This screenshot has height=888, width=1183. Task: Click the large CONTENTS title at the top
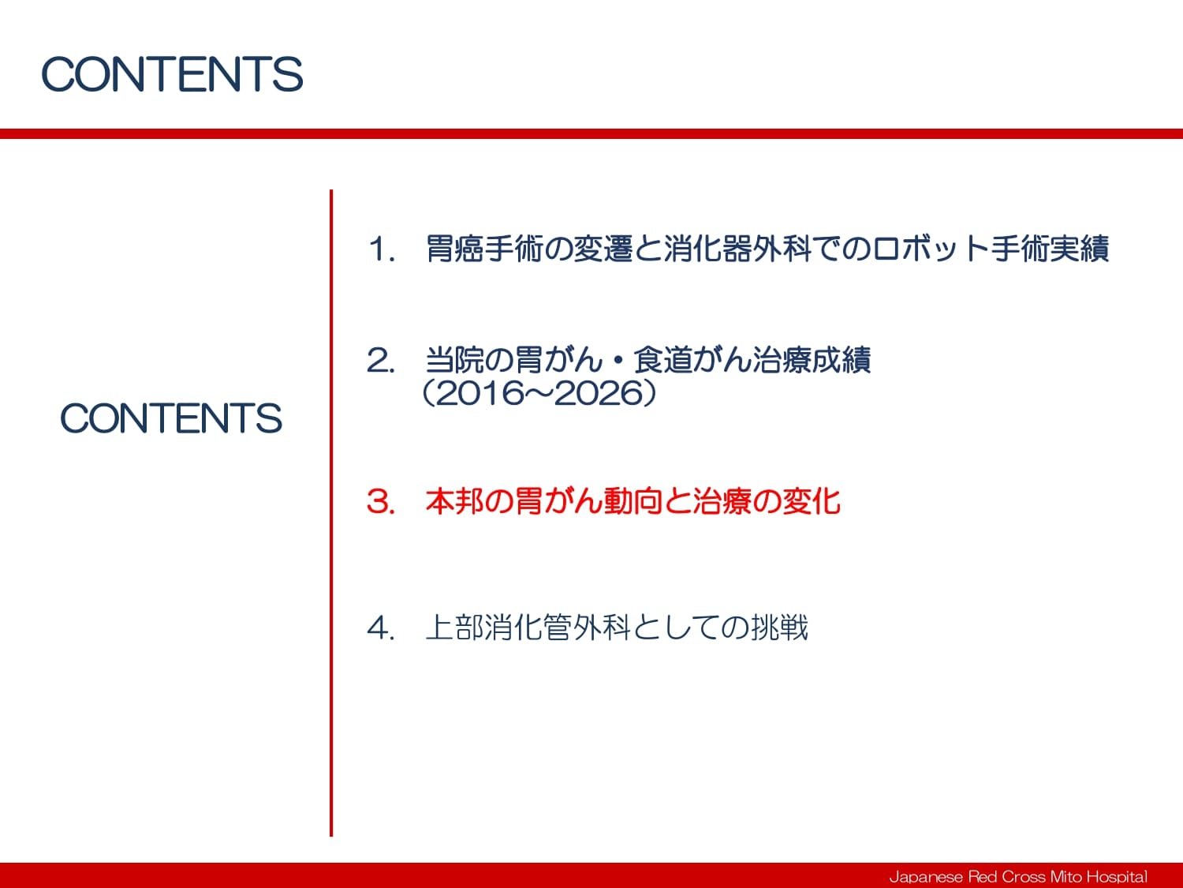172,74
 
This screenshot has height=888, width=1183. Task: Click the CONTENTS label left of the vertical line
171,418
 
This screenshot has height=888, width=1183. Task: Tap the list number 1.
380,249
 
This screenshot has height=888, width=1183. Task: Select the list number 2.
380,360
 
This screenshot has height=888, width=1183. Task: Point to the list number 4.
380,628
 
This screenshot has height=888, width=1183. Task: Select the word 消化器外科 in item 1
737,249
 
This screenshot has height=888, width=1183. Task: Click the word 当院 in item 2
455,360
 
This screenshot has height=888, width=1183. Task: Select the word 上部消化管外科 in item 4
528,628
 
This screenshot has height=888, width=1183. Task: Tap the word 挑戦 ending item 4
779,628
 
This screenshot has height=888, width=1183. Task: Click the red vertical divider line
331,513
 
